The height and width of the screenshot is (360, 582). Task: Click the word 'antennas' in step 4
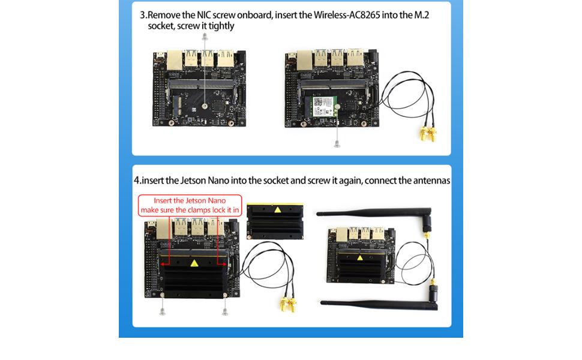tap(429, 180)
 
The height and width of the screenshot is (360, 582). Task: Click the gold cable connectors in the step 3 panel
tap(427, 134)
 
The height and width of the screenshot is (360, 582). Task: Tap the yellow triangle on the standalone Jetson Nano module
tap(277, 210)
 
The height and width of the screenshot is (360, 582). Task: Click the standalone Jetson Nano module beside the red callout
tap(277, 222)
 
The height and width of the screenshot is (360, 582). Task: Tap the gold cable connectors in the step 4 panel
tap(287, 305)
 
